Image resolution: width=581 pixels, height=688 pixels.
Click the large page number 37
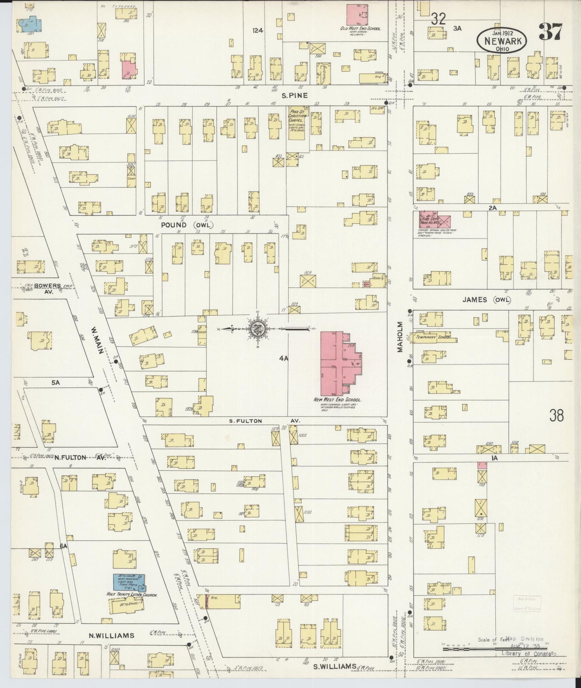550,32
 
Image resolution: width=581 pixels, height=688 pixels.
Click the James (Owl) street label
487,300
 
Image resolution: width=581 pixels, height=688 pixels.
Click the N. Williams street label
111,635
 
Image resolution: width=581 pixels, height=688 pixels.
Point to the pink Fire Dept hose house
435,220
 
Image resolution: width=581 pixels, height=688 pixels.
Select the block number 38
556,415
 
